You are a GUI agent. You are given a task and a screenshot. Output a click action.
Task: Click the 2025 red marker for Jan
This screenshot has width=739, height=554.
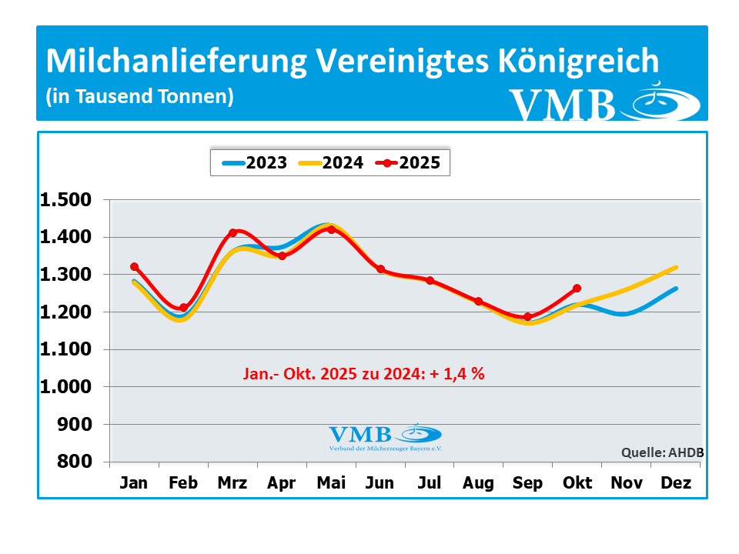pyautogui.click(x=135, y=267)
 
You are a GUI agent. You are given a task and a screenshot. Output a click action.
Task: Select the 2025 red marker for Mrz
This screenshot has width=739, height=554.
pyautogui.click(x=232, y=232)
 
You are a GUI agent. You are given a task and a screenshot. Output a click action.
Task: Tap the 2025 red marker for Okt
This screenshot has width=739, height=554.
pyautogui.click(x=577, y=289)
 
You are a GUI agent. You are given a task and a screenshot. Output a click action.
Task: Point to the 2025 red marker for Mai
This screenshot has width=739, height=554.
pyautogui.click(x=331, y=229)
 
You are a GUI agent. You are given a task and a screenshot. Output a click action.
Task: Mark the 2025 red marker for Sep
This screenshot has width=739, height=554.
pyautogui.click(x=528, y=316)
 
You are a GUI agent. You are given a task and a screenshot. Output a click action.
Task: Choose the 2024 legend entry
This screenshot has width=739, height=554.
pyautogui.click(x=332, y=162)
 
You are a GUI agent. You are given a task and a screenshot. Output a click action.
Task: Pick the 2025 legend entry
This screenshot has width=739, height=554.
pyautogui.click(x=408, y=162)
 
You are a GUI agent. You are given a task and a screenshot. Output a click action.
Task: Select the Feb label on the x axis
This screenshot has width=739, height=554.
pyautogui.click(x=183, y=483)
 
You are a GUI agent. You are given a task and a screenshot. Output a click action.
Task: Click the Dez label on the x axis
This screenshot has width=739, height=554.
pyautogui.click(x=676, y=483)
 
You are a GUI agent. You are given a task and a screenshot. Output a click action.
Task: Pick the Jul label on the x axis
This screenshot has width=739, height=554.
pyautogui.click(x=430, y=483)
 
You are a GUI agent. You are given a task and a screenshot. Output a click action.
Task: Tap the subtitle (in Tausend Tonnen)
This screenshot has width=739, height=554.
pyautogui.click(x=139, y=97)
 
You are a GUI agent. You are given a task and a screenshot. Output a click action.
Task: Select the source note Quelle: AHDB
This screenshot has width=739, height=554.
pyautogui.click(x=663, y=452)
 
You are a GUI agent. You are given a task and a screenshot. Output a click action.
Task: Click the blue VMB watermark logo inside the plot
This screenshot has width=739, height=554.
pyautogui.click(x=385, y=436)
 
